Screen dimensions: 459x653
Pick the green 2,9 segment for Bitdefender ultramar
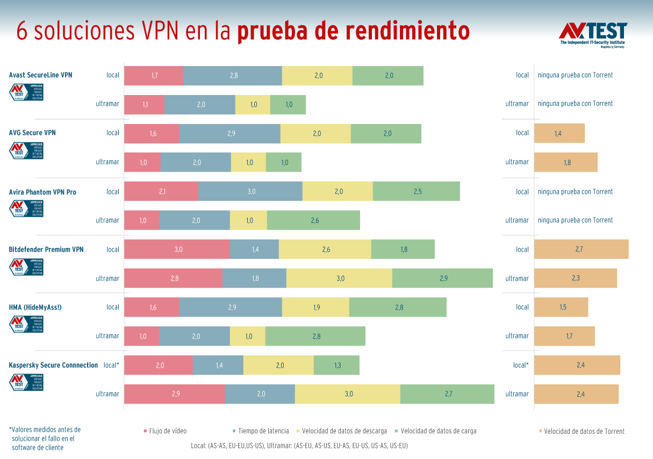[x=442, y=278]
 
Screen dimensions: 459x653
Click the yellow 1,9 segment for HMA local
[x=315, y=307]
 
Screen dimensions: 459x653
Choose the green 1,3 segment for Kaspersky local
[x=336, y=365]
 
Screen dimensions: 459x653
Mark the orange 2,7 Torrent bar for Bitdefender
[x=581, y=249]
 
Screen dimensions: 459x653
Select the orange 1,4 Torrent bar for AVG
[x=559, y=133]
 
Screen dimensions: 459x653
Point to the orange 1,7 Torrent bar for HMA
[x=564, y=336]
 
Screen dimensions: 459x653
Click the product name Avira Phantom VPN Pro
[x=42, y=192]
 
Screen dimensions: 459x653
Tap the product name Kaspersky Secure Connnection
[x=53, y=365]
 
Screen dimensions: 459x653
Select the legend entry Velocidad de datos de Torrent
[x=584, y=431]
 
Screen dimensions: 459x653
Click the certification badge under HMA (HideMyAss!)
[x=26, y=324]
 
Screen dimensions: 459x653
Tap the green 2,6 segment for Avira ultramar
[x=313, y=220]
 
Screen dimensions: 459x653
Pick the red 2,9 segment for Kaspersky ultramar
[x=175, y=394]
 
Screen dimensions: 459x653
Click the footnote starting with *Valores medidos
[x=45, y=438]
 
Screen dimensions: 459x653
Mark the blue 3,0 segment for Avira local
[x=250, y=191]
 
